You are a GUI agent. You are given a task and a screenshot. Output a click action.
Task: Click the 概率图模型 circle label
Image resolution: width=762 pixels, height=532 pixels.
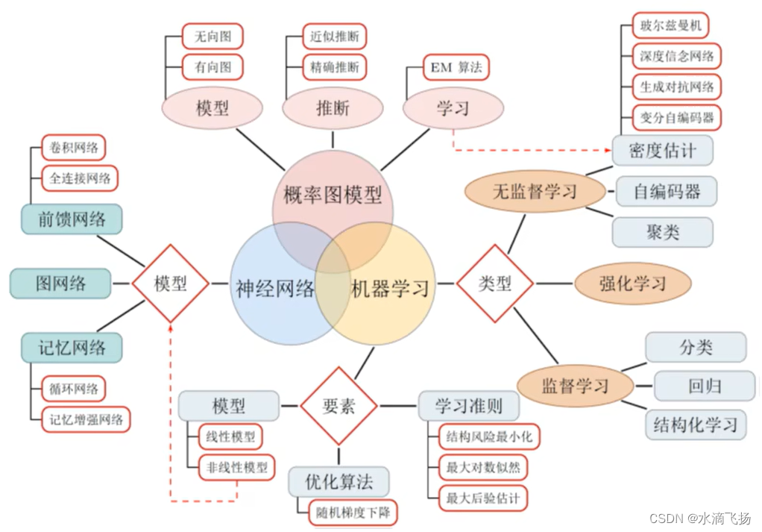pyautogui.click(x=333, y=195)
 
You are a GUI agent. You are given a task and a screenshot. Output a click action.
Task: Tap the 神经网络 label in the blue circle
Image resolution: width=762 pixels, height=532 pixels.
pyautogui.click(x=275, y=289)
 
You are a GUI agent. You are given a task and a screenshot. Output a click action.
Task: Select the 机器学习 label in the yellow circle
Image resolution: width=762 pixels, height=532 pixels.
pyautogui.click(x=390, y=287)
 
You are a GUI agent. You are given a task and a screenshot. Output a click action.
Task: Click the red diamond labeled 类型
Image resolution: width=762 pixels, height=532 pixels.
pyautogui.click(x=494, y=284)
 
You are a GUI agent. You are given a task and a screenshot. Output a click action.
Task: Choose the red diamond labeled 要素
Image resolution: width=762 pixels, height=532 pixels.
pyautogui.click(x=339, y=406)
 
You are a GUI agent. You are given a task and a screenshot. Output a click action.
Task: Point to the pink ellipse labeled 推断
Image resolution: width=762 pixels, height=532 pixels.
pyautogui.click(x=333, y=108)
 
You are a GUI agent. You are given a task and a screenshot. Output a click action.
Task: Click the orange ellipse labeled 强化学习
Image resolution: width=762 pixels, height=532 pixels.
pyautogui.click(x=632, y=284)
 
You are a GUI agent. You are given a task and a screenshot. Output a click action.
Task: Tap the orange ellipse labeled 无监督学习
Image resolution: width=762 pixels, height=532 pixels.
pyautogui.click(x=535, y=192)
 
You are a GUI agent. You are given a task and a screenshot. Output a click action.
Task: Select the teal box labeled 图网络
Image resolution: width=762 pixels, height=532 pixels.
pyautogui.click(x=60, y=284)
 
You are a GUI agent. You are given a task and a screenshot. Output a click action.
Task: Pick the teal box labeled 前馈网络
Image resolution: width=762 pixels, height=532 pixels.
pyautogui.click(x=72, y=219)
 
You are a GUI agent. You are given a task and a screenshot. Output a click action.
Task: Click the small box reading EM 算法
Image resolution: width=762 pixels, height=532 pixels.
pyautogui.click(x=456, y=67)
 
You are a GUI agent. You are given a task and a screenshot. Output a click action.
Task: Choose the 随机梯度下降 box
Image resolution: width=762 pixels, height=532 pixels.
pyautogui.click(x=353, y=513)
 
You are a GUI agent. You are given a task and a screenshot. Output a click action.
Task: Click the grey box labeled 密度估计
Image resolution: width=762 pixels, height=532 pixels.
pyautogui.click(x=662, y=150)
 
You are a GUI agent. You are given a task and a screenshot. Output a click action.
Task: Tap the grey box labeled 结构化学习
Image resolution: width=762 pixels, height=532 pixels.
pyautogui.click(x=695, y=425)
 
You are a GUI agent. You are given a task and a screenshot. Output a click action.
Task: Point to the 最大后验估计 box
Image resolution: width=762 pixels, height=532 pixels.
pyautogui.click(x=482, y=497)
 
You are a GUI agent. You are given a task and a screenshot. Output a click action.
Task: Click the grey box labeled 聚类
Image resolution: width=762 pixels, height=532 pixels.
pyautogui.click(x=662, y=232)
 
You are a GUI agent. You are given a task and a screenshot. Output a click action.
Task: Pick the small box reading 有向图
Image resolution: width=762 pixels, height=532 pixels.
pyautogui.click(x=213, y=67)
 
